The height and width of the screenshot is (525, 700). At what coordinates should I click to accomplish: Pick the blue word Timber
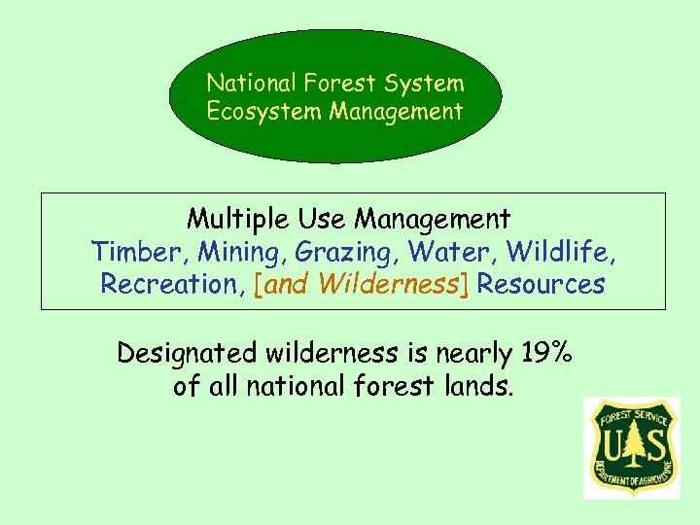140,252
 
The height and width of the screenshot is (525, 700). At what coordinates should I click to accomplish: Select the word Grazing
347,252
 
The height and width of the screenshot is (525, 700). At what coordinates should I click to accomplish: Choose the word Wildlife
561,252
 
